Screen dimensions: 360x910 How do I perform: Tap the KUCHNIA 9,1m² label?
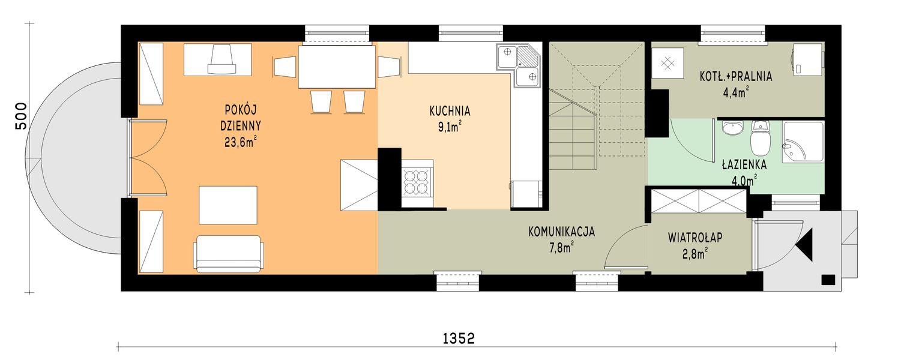pyautogui.click(x=449, y=118)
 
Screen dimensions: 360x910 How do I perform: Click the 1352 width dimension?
pyautogui.click(x=459, y=338)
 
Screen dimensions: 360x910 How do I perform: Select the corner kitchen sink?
pyautogui.click(x=519, y=65)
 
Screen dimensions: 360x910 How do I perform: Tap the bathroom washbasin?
pyautogui.click(x=732, y=128)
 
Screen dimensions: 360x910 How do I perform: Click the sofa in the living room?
pyautogui.click(x=228, y=254)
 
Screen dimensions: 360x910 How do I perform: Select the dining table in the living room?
pyautogui.click(x=336, y=67)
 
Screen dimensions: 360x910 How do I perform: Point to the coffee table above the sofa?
pyautogui.click(x=228, y=205)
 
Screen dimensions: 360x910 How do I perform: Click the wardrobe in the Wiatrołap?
pyautogui.click(x=698, y=201)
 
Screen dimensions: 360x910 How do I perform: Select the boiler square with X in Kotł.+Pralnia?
pyautogui.click(x=667, y=62)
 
